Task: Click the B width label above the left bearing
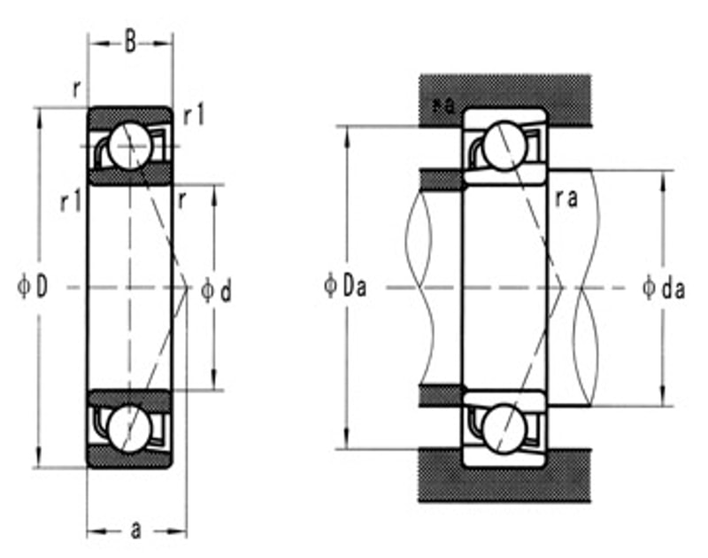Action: point(130,43)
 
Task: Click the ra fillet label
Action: point(566,198)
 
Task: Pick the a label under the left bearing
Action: point(135,530)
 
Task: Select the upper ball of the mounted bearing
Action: point(504,144)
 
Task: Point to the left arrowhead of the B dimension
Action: point(91,42)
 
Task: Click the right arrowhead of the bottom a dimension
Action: point(182,531)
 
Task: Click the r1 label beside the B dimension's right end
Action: point(194,115)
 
